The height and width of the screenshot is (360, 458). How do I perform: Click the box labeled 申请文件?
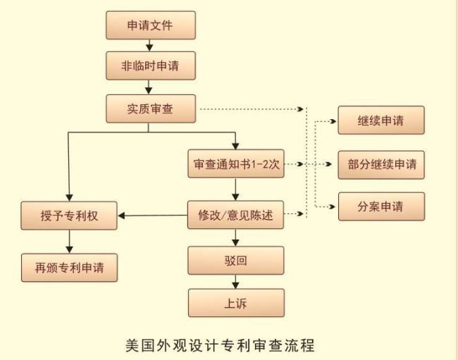click(149, 26)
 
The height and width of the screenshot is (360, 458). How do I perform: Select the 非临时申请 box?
click(149, 66)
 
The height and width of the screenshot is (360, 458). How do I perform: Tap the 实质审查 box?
click(149, 108)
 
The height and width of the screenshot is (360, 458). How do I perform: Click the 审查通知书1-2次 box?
click(236, 163)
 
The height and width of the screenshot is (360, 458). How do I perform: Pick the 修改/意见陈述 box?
click(236, 216)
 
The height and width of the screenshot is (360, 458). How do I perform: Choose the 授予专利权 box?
click(69, 216)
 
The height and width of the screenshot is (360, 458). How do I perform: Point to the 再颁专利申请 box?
click(69, 267)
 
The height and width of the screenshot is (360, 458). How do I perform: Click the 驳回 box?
click(236, 260)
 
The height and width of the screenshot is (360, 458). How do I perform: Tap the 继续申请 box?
click(381, 120)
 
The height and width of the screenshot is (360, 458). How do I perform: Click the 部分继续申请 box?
click(381, 163)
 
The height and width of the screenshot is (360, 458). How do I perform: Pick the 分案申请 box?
click(381, 206)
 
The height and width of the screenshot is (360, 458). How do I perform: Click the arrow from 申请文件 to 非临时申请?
click(149, 46)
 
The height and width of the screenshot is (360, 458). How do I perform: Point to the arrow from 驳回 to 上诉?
click(236, 282)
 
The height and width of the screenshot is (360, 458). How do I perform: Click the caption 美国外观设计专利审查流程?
click(229, 345)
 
